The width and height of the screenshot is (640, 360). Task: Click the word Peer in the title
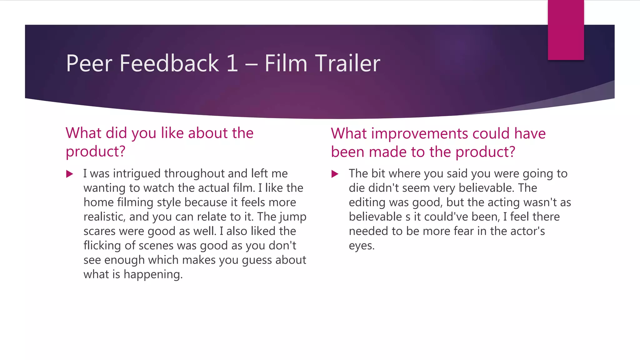click(89, 63)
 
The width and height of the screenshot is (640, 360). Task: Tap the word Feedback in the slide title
click(169, 63)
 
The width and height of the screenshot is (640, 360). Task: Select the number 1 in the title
click(232, 63)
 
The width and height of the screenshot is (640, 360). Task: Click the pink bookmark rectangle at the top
click(566, 30)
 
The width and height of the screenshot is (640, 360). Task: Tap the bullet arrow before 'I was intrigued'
click(70, 174)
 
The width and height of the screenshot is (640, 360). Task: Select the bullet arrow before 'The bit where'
click(335, 174)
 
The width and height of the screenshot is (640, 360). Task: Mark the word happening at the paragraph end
click(153, 275)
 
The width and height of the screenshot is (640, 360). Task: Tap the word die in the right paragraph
click(357, 188)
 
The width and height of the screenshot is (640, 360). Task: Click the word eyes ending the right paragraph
click(361, 246)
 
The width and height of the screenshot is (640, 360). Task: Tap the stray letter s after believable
click(408, 217)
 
